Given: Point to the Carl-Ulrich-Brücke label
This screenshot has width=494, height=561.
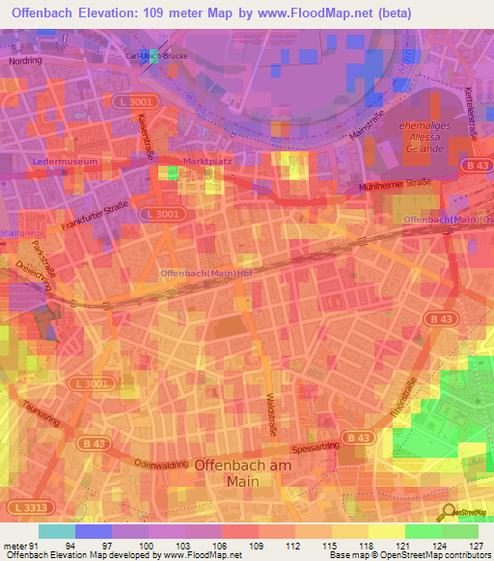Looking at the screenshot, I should click(161, 56).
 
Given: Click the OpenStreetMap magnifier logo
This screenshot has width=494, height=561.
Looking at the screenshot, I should click(448, 511).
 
